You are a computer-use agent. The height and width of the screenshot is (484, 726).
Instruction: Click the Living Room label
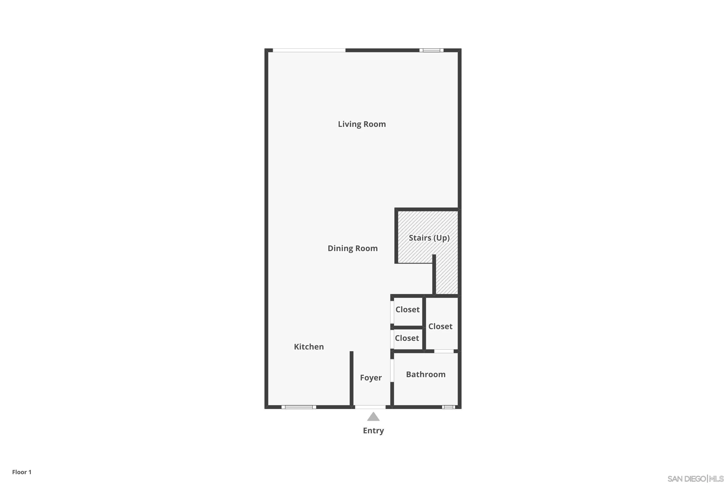362,124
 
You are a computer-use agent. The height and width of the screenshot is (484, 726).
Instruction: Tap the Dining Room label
353,249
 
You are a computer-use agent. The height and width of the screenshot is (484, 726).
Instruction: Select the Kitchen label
309,347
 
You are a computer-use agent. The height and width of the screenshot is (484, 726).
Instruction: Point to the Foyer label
371,378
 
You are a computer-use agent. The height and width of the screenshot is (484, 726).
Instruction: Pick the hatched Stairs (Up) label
429,238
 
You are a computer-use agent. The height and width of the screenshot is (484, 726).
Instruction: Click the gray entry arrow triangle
373,417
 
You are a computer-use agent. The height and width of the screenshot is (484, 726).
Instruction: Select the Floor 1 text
22,472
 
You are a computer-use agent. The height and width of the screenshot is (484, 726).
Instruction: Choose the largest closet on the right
440,326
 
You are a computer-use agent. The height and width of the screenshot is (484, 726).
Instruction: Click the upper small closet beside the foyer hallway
408,310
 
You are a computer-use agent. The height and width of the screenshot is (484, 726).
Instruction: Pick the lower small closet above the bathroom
407,338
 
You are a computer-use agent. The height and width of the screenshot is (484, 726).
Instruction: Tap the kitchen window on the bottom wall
298,407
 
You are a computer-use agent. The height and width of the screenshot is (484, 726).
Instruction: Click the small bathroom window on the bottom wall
448,407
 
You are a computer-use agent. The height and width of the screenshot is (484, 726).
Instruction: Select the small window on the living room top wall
431,50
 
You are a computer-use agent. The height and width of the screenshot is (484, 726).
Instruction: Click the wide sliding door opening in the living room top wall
309,50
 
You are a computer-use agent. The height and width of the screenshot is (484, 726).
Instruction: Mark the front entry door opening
370,407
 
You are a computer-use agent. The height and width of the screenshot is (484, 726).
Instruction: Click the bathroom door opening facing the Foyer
392,371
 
